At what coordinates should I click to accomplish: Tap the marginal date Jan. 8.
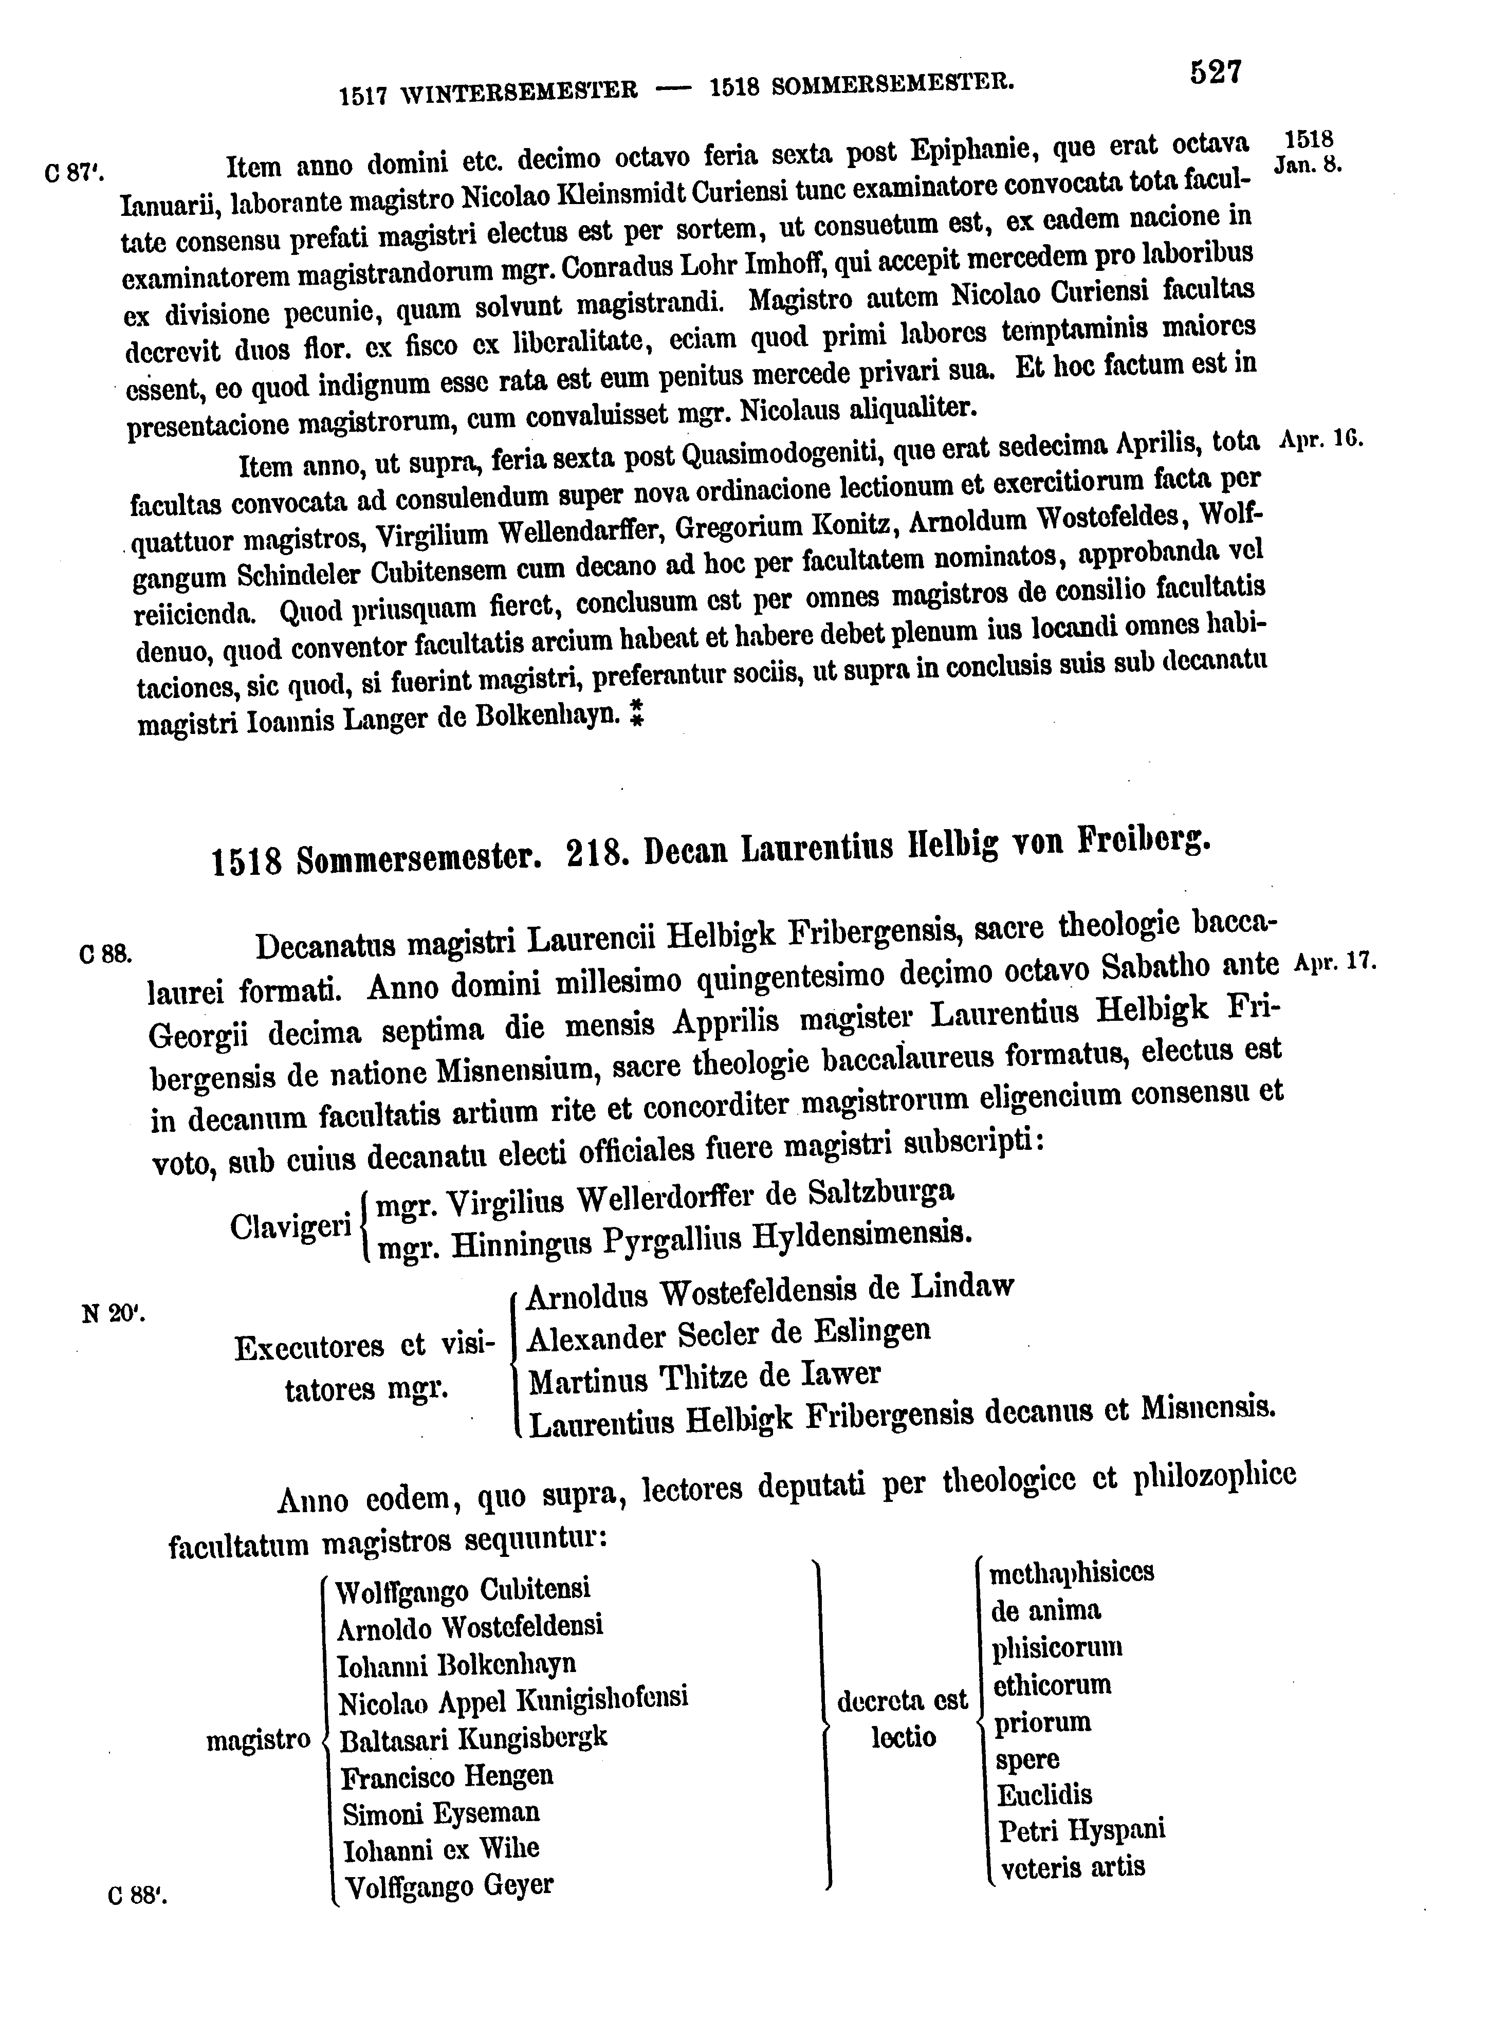point(1309,166)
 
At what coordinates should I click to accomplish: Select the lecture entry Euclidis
point(1044,1794)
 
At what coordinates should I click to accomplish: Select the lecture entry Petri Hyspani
point(1081,1830)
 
